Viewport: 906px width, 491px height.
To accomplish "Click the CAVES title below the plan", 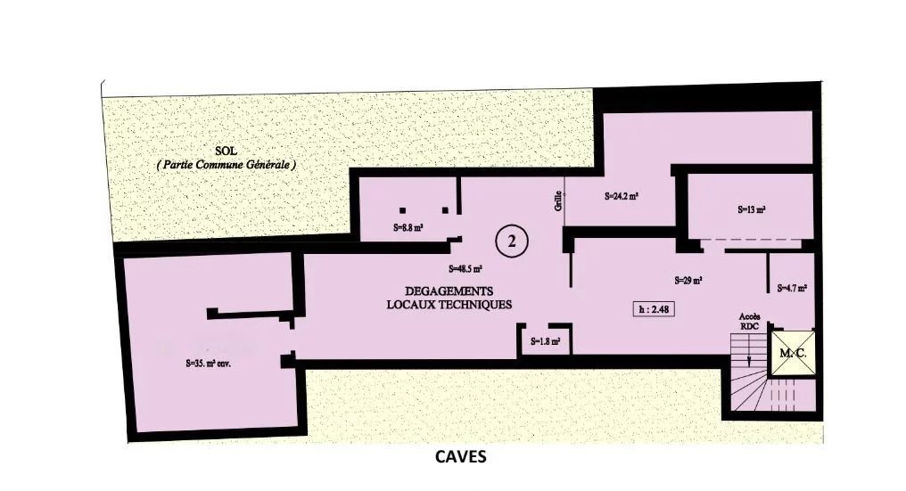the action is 460,457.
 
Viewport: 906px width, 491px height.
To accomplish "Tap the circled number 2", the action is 511,241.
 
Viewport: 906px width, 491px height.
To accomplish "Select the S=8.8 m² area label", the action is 408,227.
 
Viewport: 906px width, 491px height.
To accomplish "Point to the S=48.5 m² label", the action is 465,268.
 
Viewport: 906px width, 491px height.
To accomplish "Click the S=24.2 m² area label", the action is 622,196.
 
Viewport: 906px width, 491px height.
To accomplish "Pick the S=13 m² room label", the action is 752,209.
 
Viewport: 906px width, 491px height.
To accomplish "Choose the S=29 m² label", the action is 688,281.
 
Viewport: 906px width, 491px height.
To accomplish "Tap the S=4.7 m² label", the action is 792,288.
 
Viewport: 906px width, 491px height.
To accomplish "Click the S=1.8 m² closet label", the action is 546,341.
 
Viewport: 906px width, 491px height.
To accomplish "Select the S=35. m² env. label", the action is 209,364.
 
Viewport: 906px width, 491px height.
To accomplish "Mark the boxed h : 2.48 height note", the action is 654,309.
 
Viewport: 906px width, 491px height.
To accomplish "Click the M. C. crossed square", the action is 794,353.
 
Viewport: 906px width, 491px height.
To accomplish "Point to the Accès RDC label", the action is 749,321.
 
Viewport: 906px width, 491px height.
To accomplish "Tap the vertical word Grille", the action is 558,200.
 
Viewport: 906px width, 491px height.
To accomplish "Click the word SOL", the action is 226,151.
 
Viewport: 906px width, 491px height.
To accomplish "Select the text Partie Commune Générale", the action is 226,165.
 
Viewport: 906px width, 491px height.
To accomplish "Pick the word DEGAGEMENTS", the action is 449,291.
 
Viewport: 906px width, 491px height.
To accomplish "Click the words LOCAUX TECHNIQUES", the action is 449,305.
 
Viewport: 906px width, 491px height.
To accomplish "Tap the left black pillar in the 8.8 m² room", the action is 403,210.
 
